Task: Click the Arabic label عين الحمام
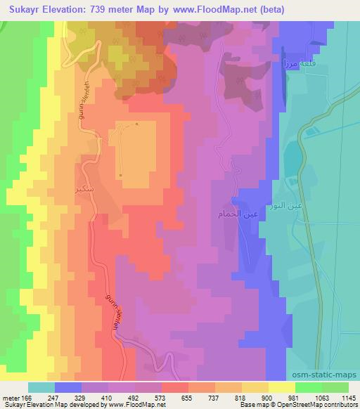(x=231, y=212)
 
